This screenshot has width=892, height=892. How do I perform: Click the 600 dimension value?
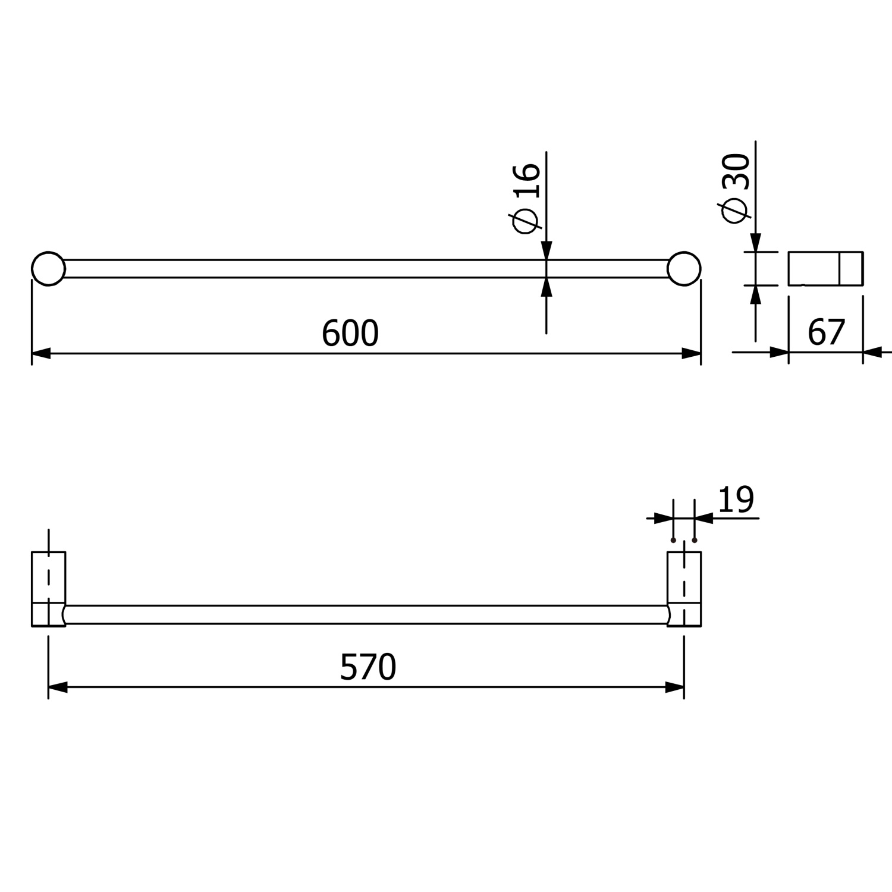350,334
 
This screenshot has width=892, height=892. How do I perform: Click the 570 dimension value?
368,667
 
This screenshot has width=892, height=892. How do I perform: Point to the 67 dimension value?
826,332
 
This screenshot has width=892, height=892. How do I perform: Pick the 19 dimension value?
736,500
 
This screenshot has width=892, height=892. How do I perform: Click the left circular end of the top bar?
48,269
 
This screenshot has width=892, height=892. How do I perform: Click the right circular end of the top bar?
684,269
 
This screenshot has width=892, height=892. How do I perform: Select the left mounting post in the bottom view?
48,589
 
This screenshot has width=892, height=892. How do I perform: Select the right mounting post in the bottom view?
684,589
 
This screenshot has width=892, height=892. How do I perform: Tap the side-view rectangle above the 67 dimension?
825,269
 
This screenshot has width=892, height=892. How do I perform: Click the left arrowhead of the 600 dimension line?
40,354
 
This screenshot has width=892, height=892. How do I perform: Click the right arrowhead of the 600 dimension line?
692,354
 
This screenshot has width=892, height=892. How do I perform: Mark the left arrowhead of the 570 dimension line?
57,688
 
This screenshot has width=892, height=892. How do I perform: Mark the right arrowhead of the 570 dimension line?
675,688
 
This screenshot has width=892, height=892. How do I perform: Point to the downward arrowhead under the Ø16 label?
546,250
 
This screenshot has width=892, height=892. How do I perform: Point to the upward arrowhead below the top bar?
546,287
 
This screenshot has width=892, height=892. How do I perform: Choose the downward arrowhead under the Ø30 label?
755,243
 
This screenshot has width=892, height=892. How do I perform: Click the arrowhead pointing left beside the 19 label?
704,519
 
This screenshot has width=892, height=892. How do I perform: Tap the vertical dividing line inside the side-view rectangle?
839,269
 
